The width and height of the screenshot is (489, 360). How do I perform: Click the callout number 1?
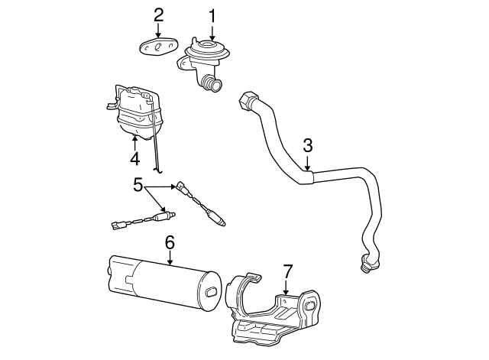tap(212, 15)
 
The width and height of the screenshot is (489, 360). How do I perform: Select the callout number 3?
tap(307, 144)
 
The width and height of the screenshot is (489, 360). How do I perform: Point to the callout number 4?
tap(134, 158)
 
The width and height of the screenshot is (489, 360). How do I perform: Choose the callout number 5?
tap(138, 184)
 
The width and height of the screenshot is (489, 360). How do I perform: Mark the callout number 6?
tap(170, 242)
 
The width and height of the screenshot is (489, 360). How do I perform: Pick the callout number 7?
tap(287, 271)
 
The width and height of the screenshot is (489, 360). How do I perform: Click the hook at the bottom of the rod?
tap(157, 167)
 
